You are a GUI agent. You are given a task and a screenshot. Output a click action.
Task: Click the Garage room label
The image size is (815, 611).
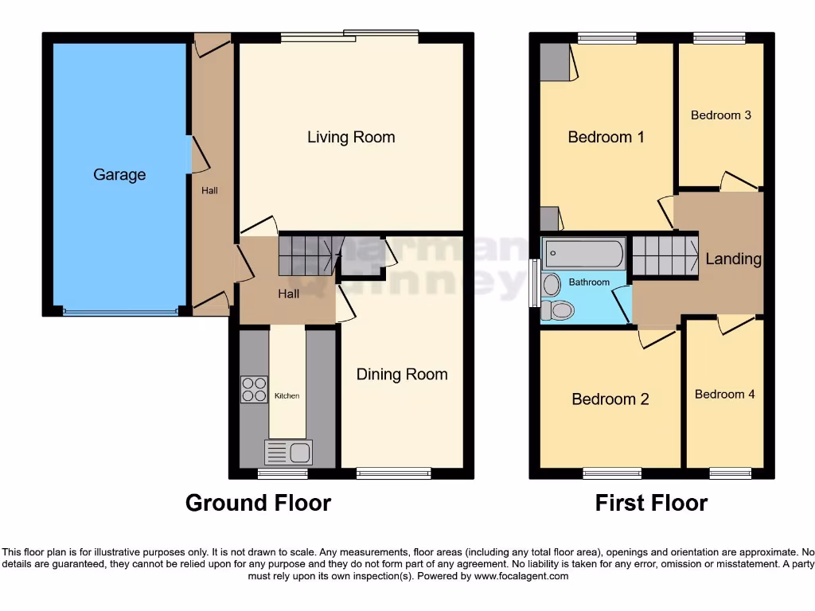pyautogui.click(x=119, y=174)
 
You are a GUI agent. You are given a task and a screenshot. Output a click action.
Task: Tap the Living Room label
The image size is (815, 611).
pyautogui.click(x=351, y=137)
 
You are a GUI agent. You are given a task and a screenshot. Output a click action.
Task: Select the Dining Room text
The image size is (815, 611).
pyautogui.click(x=401, y=374)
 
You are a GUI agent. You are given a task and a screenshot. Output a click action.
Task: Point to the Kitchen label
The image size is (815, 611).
pyautogui.click(x=287, y=395)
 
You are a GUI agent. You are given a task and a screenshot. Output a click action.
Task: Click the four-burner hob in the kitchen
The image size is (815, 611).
pyautogui.click(x=255, y=389)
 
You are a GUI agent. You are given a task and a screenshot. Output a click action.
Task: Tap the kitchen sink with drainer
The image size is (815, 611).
pyautogui.click(x=288, y=453)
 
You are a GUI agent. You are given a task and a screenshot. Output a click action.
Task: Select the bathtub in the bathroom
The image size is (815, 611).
pyautogui.click(x=583, y=254)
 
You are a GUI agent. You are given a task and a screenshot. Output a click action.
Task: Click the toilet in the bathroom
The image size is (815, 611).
pyautogui.click(x=556, y=310)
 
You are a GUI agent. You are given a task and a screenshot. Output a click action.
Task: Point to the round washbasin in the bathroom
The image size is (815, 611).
pyautogui.click(x=551, y=284)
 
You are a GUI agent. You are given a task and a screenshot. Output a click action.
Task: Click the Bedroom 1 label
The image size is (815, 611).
pyautogui.click(x=606, y=137)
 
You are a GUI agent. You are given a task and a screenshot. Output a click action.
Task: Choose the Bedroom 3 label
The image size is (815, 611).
pyautogui.click(x=720, y=115)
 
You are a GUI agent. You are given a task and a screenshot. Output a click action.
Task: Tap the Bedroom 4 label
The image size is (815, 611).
pyautogui.click(x=724, y=394)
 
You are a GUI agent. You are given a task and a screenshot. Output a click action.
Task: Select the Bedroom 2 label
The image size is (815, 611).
pyautogui.click(x=610, y=399)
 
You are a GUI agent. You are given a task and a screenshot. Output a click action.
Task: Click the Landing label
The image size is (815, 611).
pyautogui.click(x=733, y=259)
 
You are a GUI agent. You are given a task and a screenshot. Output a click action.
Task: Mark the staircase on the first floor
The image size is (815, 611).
pyautogui.click(x=665, y=255)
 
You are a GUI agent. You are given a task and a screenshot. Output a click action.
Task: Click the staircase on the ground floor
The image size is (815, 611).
pyautogui.click(x=306, y=254)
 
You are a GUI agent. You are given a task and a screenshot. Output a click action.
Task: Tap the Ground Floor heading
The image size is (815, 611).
pyautogui.click(x=258, y=503)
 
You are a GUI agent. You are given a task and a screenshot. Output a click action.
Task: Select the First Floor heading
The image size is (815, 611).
pyautogui.click(x=651, y=503)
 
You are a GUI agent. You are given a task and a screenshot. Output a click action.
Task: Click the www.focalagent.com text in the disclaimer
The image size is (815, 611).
pyautogui.click(x=521, y=576)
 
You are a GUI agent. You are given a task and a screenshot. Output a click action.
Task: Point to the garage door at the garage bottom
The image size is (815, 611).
pyautogui.click(x=120, y=312)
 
